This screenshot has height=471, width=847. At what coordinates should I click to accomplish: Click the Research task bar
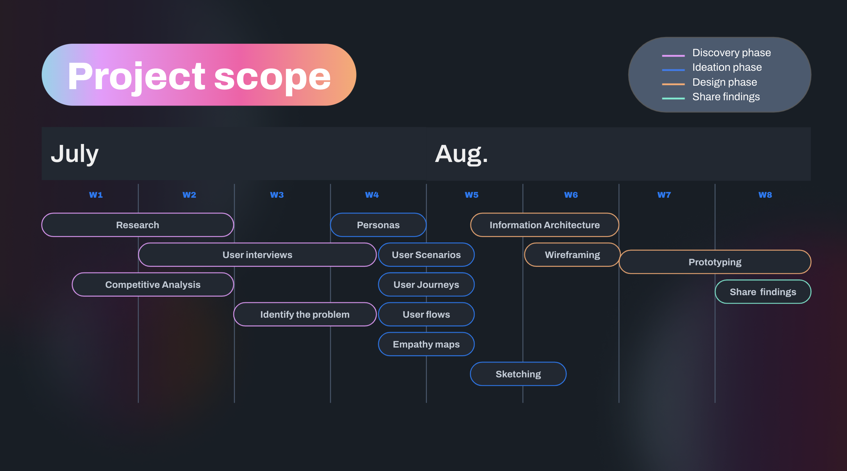click(137, 225)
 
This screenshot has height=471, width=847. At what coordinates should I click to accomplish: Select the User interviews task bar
click(257, 255)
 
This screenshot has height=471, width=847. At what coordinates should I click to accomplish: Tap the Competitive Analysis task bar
click(153, 285)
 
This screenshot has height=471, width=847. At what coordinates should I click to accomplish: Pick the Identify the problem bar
click(305, 315)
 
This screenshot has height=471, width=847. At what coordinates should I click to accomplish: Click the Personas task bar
click(378, 225)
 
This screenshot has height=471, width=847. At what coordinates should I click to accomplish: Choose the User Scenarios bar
click(426, 255)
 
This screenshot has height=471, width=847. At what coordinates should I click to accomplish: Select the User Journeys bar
click(426, 285)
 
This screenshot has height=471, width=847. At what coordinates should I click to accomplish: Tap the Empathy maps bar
click(426, 344)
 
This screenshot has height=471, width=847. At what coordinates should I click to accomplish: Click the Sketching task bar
click(518, 374)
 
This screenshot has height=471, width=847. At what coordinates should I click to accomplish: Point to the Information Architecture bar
click(544, 225)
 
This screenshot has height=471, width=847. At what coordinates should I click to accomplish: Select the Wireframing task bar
click(572, 255)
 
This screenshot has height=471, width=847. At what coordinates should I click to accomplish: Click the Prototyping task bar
click(715, 262)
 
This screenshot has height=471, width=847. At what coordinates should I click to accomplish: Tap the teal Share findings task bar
click(763, 292)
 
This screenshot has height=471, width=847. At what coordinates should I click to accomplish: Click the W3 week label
click(277, 195)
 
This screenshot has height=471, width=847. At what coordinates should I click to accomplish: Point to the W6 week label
click(571, 195)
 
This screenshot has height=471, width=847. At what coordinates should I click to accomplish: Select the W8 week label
click(765, 195)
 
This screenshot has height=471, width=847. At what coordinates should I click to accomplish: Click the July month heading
click(75, 154)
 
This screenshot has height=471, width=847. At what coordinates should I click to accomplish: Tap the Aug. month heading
click(461, 154)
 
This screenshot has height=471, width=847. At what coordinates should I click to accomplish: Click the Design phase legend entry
click(724, 82)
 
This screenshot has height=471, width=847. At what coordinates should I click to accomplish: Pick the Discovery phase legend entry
click(731, 53)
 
